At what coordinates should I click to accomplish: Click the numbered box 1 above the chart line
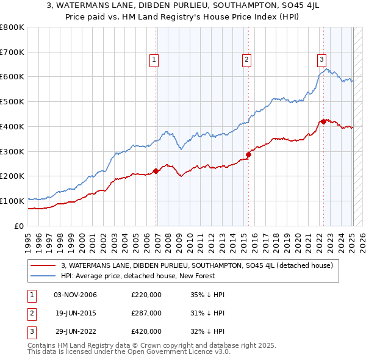[154, 60]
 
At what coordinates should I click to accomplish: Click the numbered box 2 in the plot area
[246, 60]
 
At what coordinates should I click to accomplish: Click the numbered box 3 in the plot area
[321, 60]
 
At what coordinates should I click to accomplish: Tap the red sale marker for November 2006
[156, 171]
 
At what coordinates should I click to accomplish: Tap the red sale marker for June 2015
[249, 154]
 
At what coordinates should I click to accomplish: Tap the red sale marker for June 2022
[324, 121]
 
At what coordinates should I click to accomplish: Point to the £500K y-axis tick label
[12, 102]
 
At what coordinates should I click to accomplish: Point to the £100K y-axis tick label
[12, 201]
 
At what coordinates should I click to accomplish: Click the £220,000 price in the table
[146, 295]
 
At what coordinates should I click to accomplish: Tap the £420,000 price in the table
[146, 331]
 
